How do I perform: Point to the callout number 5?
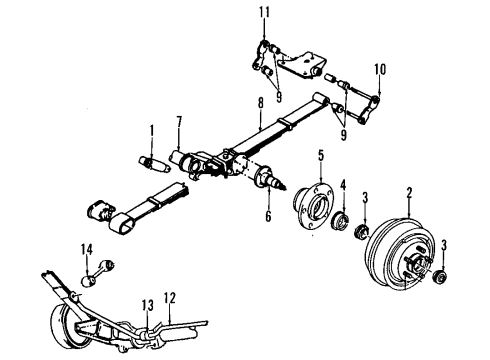[x=321, y=156]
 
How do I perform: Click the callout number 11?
[x=264, y=12]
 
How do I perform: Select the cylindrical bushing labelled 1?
[x=151, y=162]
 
